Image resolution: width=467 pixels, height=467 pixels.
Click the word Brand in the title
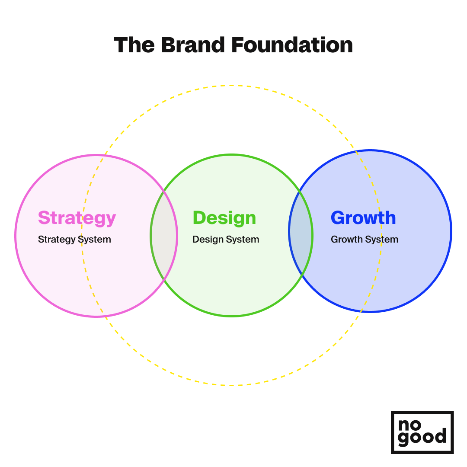click(x=193, y=45)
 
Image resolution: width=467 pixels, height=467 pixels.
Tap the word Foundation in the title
click(x=292, y=45)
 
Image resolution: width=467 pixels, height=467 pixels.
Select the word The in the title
click(x=134, y=45)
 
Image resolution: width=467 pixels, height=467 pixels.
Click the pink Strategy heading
click(x=77, y=218)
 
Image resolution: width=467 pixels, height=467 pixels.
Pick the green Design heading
click(x=224, y=218)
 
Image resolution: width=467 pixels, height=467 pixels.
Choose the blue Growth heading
click(x=363, y=218)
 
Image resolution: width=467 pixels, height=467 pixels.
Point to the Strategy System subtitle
click(x=74, y=240)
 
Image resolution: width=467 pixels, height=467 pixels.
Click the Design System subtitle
click(x=226, y=240)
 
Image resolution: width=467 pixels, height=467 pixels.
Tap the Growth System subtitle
click(x=365, y=240)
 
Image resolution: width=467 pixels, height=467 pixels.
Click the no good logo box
click(x=422, y=432)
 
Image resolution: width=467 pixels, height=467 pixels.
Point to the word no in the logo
click(x=409, y=425)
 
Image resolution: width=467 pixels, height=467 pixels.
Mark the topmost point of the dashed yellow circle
click(x=231, y=86)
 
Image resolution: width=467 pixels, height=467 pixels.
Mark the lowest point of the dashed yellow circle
click(x=231, y=385)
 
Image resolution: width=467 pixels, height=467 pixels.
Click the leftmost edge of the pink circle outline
click(x=15, y=236)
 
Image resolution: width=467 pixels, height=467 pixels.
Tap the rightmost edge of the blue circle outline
click(x=451, y=231)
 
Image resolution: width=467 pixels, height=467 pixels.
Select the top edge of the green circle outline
click(x=231, y=154)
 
